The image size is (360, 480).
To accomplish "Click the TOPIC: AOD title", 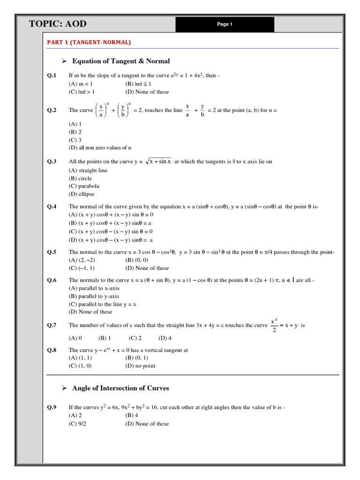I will (x=58, y=24).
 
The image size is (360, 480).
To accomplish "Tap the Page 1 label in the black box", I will (x=225, y=24).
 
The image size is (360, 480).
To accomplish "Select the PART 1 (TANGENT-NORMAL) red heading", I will (x=89, y=42).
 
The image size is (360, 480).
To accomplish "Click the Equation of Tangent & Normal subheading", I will (x=121, y=61).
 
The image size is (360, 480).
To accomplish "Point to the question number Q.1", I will (x=52, y=75).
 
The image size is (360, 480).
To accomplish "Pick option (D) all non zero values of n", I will (x=100, y=148).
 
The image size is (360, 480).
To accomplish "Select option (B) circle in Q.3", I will (x=80, y=179).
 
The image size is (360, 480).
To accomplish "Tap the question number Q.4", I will (x=52, y=207).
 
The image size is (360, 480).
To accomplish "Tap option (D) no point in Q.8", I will (x=140, y=366).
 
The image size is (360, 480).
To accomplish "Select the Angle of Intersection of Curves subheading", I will (x=120, y=388).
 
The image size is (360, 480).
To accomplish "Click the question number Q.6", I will (x=52, y=280).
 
